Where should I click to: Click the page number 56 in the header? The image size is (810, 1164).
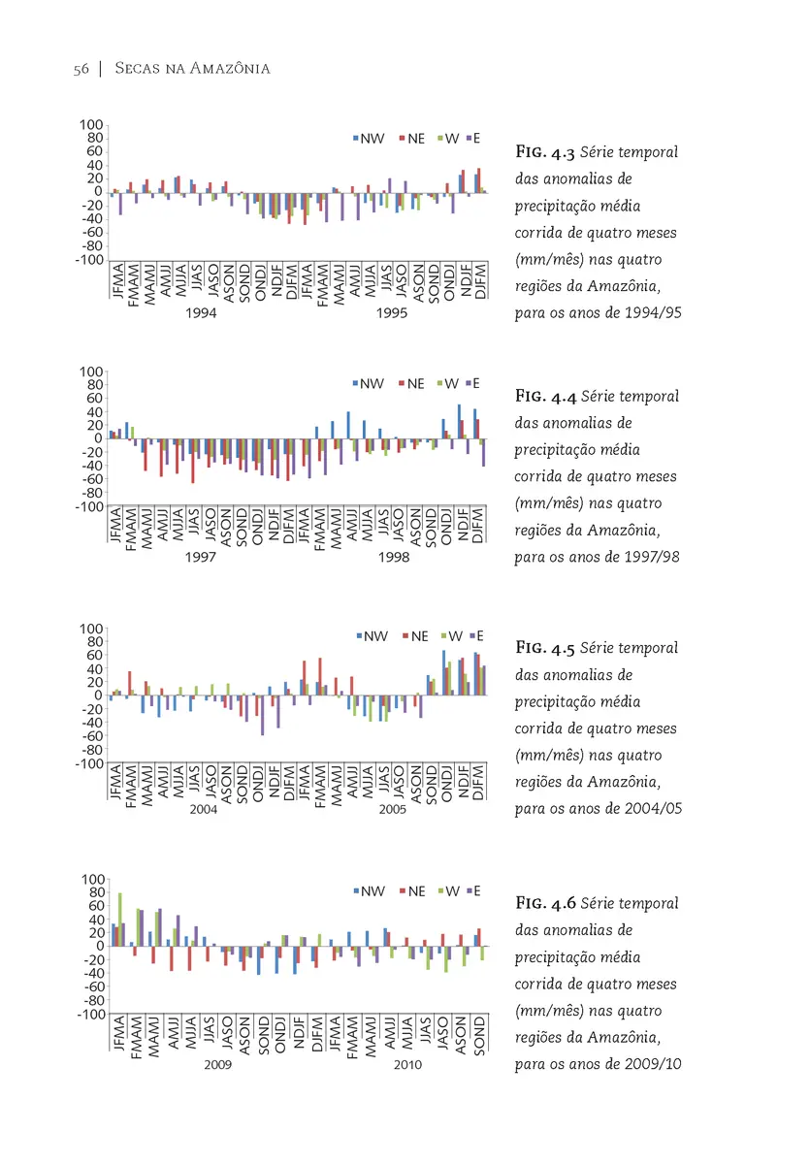tap(81, 69)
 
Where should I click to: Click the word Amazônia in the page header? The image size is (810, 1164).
tap(230, 68)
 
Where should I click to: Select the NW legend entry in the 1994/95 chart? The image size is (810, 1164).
tap(369, 139)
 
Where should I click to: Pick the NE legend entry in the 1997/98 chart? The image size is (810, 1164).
tap(411, 384)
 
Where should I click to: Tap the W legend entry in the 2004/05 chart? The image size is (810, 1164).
tap(452, 636)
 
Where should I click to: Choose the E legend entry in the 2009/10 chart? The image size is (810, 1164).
tap(473, 891)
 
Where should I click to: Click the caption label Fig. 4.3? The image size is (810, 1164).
tap(545, 151)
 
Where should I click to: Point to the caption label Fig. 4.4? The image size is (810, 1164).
tap(545, 396)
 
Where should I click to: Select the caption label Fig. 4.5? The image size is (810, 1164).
tap(545, 648)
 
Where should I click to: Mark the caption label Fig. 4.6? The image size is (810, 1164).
tap(545, 903)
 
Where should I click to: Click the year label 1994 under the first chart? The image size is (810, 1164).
tap(201, 312)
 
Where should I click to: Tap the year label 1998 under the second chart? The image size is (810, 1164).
tap(394, 557)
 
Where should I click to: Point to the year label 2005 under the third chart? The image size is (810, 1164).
tap(392, 809)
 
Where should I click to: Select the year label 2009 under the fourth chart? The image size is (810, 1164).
tap(217, 1064)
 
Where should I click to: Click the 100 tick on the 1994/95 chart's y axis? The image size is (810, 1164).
tap(91, 125)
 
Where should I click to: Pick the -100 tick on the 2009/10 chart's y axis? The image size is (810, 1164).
tap(91, 1014)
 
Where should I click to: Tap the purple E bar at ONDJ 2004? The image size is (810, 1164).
tap(262, 715)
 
